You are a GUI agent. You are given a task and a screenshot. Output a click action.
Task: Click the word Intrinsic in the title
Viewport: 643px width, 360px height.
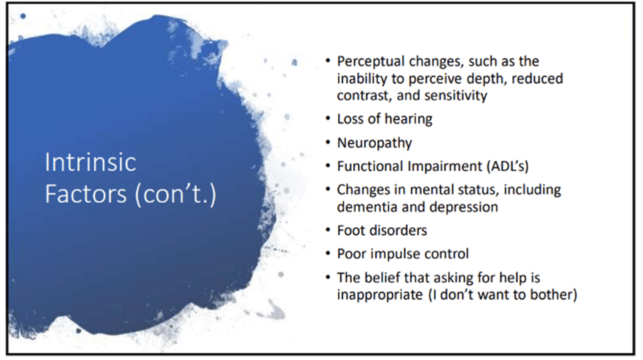click(90, 162)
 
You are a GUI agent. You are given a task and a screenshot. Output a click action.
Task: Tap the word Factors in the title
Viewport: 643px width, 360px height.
click(86, 193)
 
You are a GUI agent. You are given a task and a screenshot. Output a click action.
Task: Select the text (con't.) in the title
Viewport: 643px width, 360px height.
click(175, 195)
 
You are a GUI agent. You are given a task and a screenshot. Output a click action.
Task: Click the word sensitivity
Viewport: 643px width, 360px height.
click(456, 95)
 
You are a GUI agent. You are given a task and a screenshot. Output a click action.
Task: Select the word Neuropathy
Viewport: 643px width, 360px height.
click(374, 143)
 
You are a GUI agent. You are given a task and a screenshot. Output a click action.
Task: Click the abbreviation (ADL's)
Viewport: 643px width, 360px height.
click(507, 166)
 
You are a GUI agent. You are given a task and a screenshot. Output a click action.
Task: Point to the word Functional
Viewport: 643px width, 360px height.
click(370, 166)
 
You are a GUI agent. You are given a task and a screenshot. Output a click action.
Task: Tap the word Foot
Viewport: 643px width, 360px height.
click(347, 231)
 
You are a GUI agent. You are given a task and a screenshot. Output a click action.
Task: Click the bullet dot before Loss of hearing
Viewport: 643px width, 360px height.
click(328, 119)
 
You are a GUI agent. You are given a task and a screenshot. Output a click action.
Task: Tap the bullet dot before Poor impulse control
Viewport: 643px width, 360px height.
click(328, 253)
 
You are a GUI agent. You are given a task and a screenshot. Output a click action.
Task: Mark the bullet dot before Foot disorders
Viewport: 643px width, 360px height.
click(328, 230)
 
